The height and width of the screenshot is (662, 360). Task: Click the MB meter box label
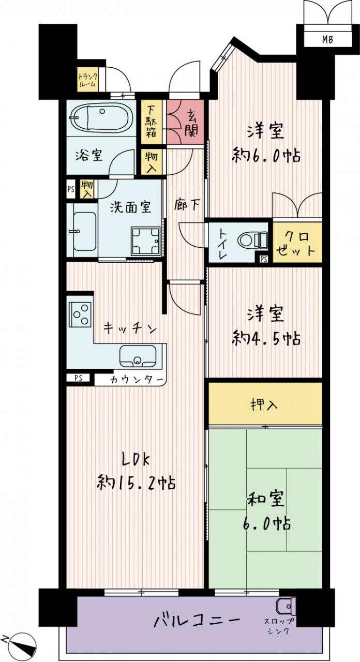[327, 39]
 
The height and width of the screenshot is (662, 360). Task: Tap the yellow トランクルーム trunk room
[87, 80]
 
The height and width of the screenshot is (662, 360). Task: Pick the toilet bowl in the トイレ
[253, 239]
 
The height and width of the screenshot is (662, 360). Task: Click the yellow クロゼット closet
[297, 243]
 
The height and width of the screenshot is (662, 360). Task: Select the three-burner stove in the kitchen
[80, 314]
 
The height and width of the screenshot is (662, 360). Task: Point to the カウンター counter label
[136, 380]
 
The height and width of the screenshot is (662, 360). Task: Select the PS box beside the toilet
[264, 259]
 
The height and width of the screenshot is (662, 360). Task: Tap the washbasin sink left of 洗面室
[84, 231]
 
